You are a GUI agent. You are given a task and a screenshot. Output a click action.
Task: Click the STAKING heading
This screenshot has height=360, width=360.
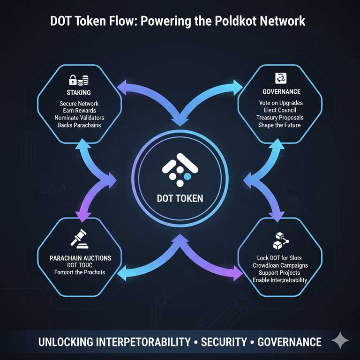(78, 93)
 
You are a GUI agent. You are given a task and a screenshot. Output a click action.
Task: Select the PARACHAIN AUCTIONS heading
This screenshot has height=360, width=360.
(80, 257)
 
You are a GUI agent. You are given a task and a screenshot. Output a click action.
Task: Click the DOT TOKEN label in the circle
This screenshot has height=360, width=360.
(180, 198)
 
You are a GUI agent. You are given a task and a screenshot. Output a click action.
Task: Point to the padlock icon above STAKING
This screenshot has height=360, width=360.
(73, 79)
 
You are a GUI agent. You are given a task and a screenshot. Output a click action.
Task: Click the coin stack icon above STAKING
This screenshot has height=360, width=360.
(84, 79)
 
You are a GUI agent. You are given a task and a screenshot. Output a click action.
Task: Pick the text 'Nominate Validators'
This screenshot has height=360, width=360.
(79, 118)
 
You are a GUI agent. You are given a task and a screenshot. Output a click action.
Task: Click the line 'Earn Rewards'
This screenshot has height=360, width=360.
(79, 111)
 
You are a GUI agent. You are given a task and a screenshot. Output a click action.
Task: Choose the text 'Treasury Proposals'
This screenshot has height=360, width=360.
(279, 118)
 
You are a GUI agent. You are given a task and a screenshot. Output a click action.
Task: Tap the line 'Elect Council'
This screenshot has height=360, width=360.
(279, 111)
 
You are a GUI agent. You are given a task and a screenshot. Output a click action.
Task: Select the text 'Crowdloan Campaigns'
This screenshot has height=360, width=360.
(279, 265)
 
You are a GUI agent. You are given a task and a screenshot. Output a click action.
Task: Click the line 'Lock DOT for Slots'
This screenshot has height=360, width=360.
(279, 258)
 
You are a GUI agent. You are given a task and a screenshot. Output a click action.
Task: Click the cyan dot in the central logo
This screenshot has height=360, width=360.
(187, 176)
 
